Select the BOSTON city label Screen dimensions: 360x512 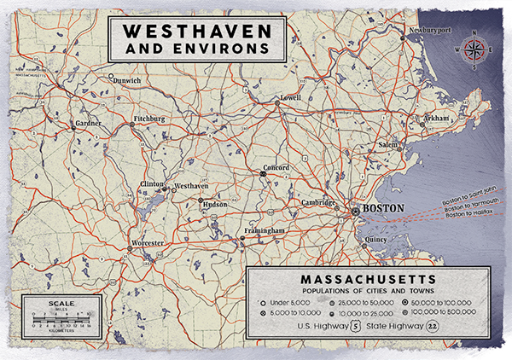click(382, 207)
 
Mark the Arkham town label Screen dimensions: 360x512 click(436, 118)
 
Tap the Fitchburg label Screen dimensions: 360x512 click(149, 119)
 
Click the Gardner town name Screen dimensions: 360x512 click(89, 123)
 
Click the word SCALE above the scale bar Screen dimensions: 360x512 click(61, 304)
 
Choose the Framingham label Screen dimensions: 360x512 click(262, 231)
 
